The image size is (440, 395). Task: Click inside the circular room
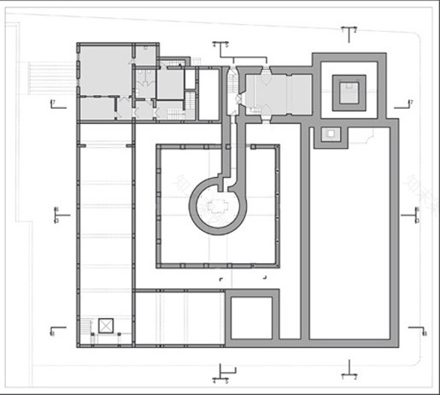click(217, 205)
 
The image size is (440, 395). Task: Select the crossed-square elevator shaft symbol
click(106, 326)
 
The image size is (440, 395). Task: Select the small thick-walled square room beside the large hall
click(250, 319)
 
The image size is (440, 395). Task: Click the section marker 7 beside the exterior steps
click(54, 103)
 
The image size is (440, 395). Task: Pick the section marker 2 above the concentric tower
click(349, 30)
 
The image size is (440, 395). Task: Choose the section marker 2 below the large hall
click(349, 373)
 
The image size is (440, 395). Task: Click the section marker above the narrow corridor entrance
click(220, 44)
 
